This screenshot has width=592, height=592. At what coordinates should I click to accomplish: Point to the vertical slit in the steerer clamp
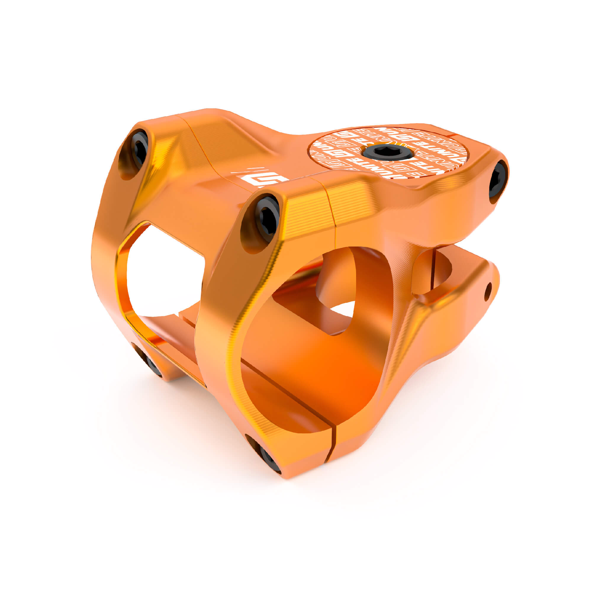point(433,270)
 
